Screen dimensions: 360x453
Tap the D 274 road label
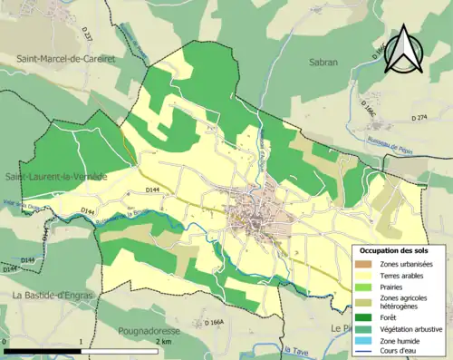click(x=419, y=118)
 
